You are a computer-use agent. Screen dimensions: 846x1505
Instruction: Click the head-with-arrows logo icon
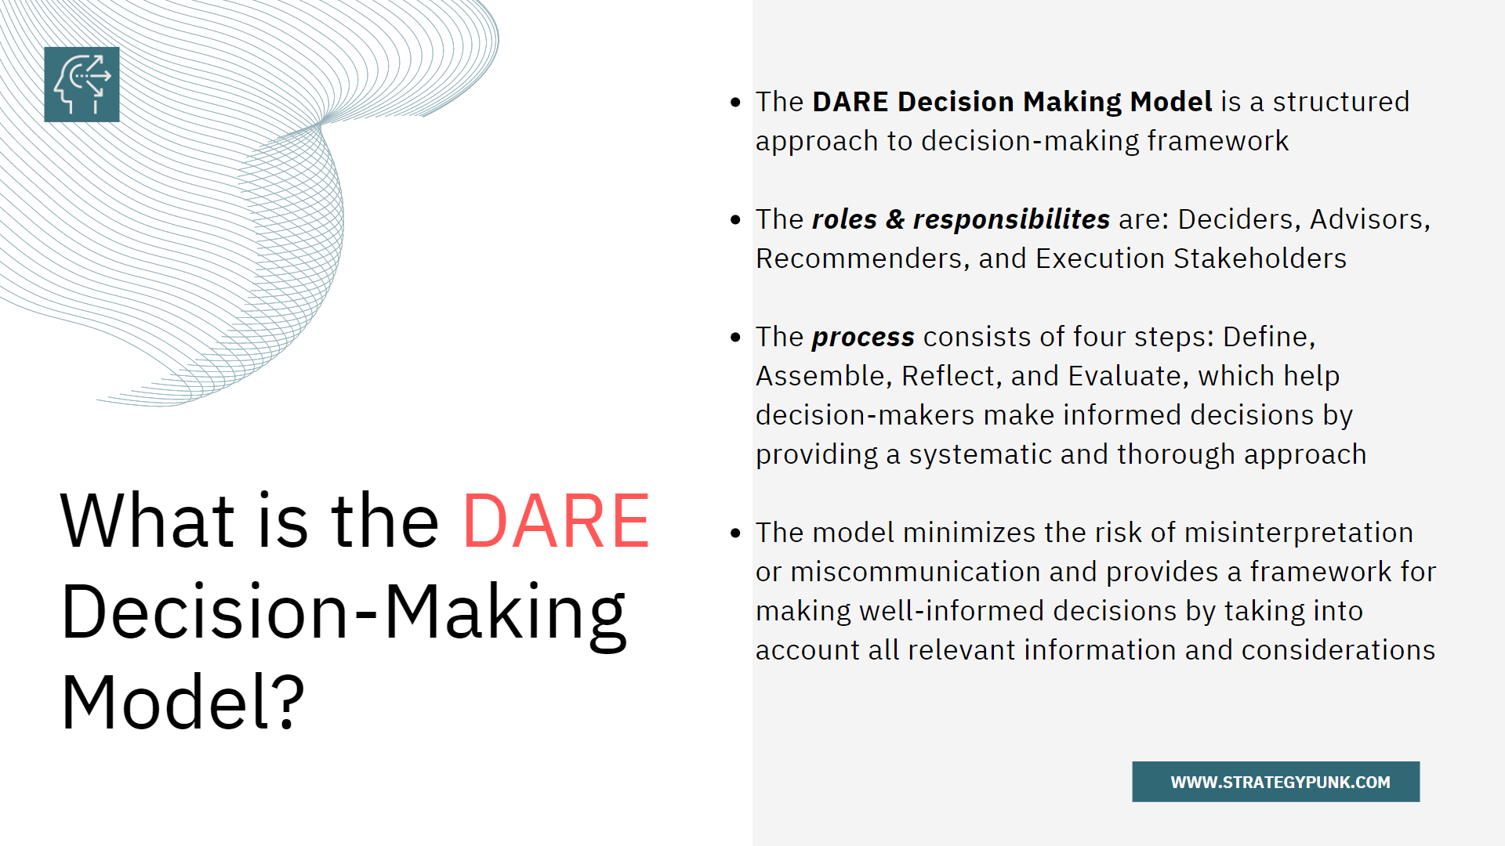pos(82,85)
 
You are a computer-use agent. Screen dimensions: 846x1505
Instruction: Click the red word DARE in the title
pos(556,522)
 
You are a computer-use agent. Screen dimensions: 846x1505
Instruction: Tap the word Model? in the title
pos(183,703)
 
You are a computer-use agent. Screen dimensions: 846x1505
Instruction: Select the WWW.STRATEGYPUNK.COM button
pos(1275,782)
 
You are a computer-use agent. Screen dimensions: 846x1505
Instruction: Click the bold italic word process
pos(863,337)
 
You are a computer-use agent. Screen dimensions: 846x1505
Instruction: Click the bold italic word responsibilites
pos(1011,219)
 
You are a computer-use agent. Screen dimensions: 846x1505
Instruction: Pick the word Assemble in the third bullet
pos(820,376)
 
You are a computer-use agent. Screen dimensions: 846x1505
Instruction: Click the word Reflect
pos(948,376)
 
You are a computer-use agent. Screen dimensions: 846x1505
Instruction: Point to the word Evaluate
pos(1124,376)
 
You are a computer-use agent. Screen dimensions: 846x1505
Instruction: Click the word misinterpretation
pos(1298,533)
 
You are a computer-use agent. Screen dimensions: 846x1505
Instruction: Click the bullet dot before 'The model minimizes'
pos(735,533)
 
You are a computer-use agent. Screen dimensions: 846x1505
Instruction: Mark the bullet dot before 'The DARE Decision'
pos(735,103)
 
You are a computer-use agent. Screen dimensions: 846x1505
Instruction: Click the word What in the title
pos(147,522)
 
